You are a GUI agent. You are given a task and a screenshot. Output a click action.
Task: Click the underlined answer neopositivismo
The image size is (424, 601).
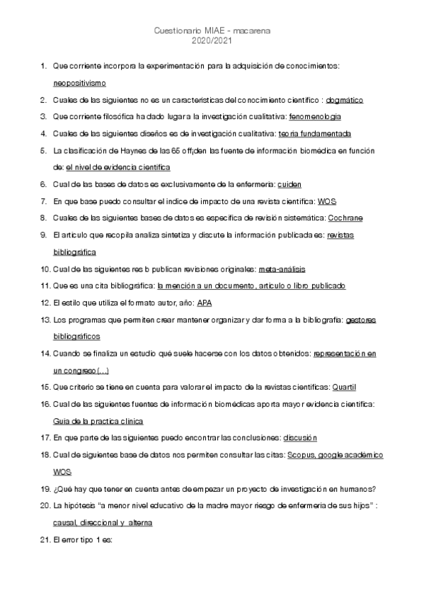[79, 82]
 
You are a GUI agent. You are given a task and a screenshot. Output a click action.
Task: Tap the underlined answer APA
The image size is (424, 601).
[205, 303]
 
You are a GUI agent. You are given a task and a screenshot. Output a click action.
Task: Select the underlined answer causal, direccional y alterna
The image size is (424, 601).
[103, 523]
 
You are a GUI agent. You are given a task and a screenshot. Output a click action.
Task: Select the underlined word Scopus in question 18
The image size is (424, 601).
[300, 456]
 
